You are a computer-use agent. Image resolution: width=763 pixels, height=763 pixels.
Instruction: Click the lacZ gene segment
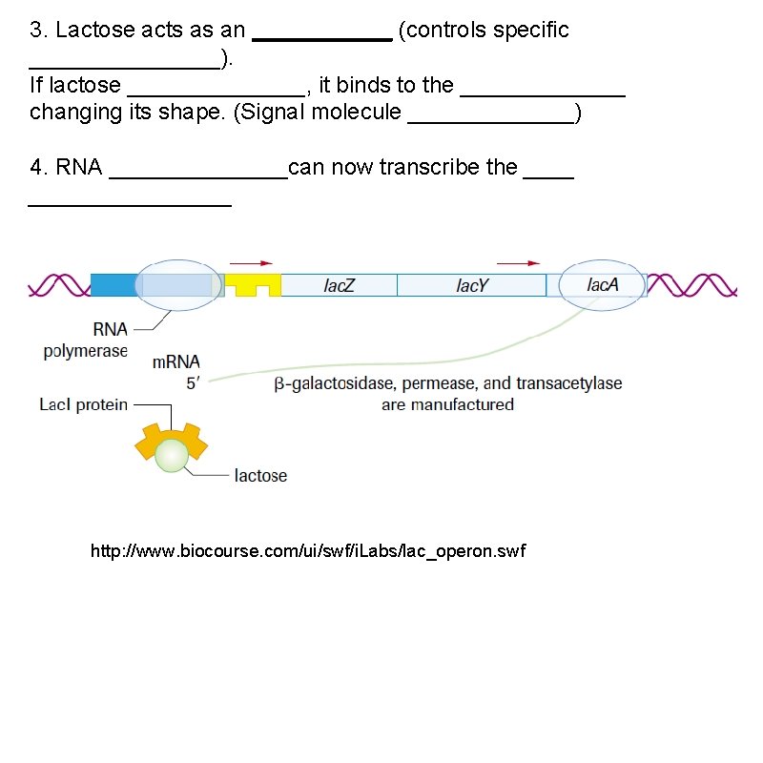point(339,285)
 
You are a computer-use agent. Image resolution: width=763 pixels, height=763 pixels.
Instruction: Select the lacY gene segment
point(471,285)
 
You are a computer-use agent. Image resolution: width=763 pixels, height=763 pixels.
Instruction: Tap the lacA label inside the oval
point(603,284)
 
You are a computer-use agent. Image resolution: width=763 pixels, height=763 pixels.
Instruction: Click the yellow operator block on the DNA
point(252,284)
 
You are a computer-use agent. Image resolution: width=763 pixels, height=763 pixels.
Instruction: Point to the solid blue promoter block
point(113,284)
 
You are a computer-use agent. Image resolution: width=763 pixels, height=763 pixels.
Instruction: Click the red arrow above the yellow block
point(251,263)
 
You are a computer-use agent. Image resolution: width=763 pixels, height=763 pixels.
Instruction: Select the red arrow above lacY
point(518,263)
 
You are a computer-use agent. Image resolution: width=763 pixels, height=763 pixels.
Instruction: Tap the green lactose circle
point(172,455)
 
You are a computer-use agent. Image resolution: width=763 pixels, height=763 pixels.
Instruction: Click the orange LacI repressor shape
point(146,443)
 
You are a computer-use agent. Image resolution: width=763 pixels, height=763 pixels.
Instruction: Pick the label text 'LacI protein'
point(83,404)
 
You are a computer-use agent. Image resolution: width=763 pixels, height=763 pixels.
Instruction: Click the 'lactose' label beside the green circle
point(260,475)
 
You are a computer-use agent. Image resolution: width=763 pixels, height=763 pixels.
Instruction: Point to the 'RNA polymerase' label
point(85,340)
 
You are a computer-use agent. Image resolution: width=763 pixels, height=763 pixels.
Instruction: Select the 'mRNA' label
point(176,362)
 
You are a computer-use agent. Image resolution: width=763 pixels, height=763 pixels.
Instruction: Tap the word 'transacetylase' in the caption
point(568,383)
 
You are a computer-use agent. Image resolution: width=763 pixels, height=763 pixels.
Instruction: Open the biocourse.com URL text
point(307,551)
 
